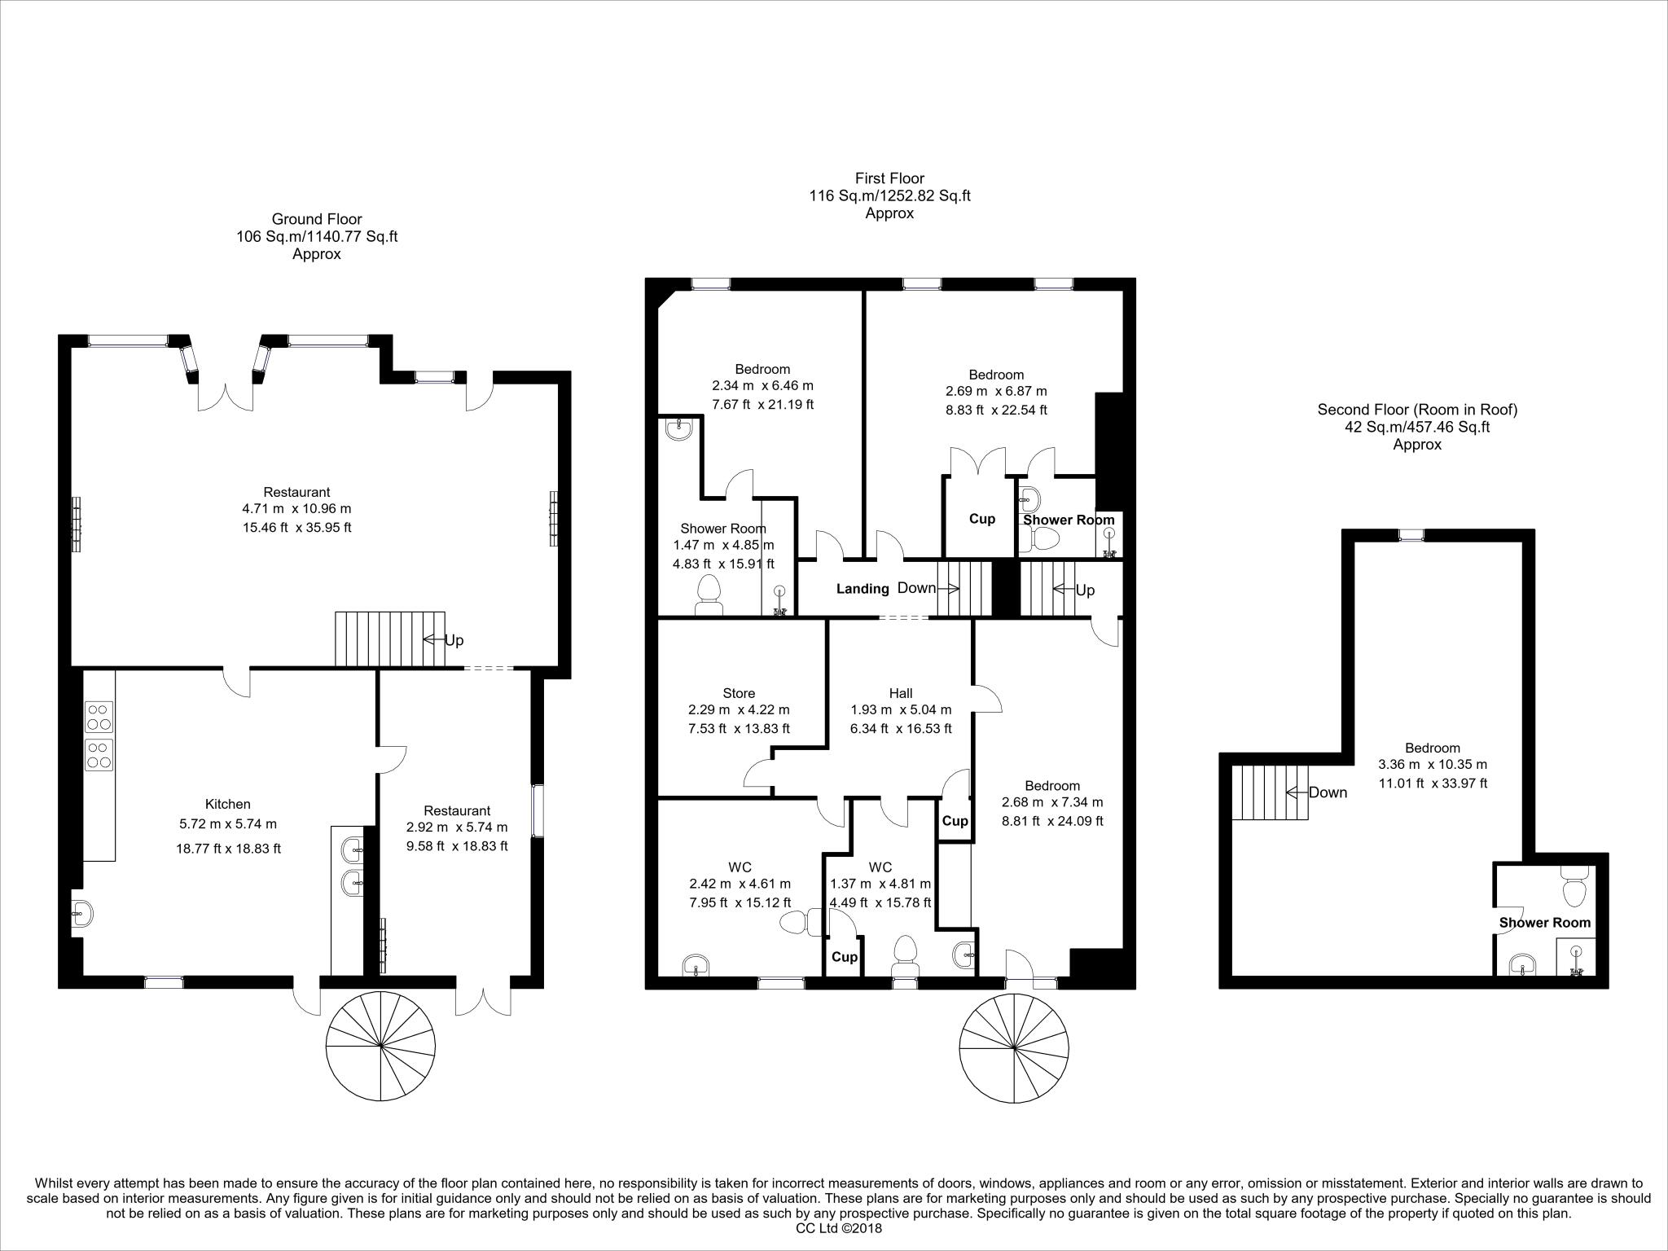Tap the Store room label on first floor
739,693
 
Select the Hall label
900,693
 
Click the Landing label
863,589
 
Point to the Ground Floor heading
317,219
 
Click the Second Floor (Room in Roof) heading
1417,410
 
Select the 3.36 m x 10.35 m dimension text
1433,765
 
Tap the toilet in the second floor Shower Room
1574,889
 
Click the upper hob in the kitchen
99,716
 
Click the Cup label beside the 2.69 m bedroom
981,519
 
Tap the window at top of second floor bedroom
1411,535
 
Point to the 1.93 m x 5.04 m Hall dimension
901,710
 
